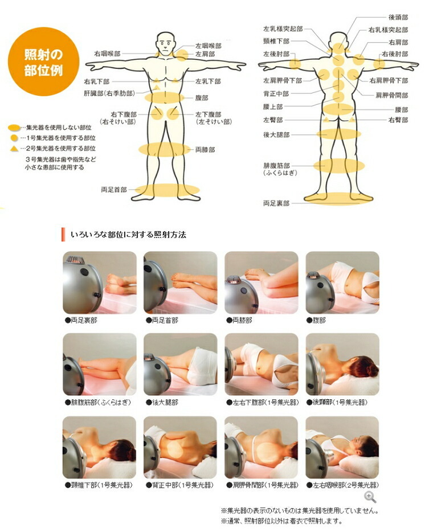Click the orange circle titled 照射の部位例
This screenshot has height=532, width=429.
tap(43, 62)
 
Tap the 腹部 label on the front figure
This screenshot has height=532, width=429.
tap(202, 98)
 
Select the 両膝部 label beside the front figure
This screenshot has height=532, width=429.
tap(205, 150)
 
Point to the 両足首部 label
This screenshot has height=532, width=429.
tap(114, 190)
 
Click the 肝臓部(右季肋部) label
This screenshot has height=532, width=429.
tap(109, 93)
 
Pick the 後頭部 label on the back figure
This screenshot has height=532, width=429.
tap(398, 17)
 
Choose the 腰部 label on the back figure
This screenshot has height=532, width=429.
tap(402, 110)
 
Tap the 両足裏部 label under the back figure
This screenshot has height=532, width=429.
tap(276, 203)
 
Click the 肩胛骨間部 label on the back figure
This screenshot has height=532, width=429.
tap(391, 95)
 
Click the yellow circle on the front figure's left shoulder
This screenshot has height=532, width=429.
tap(182, 55)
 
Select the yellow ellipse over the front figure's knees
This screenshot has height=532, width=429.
tap(165, 149)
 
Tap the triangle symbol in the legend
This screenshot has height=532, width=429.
tap(14, 148)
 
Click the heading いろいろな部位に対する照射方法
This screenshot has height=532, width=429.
tap(128, 235)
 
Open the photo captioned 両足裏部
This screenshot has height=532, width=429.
tap(100, 283)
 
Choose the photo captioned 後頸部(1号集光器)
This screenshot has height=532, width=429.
tap(342, 365)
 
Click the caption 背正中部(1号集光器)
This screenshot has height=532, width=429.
tap(179, 485)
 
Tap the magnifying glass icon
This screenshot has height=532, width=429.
tap(370, 497)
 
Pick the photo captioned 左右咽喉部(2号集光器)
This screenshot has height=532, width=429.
tap(342, 448)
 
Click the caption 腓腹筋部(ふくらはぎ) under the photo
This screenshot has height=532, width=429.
tap(98, 403)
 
